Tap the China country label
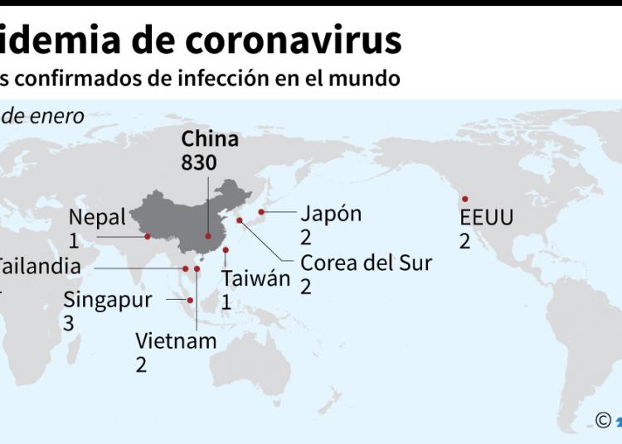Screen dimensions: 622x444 (x=210, y=138)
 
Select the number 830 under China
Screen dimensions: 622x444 (x=199, y=162)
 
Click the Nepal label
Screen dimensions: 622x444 (x=97, y=217)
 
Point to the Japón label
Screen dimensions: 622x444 (x=331, y=213)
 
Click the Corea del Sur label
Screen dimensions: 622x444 (x=366, y=263)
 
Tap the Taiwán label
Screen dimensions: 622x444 (x=255, y=277)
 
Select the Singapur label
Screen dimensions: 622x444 (x=108, y=299)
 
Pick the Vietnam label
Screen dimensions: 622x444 (x=176, y=340)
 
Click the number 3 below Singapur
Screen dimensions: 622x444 (x=69, y=323)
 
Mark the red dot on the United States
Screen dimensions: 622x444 (x=465, y=199)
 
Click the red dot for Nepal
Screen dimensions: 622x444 (x=148, y=236)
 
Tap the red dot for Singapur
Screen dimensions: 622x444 (x=191, y=300)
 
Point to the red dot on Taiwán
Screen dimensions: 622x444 (x=226, y=250)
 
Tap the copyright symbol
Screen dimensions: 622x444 (x=604, y=421)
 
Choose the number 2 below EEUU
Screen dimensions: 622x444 (x=465, y=241)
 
